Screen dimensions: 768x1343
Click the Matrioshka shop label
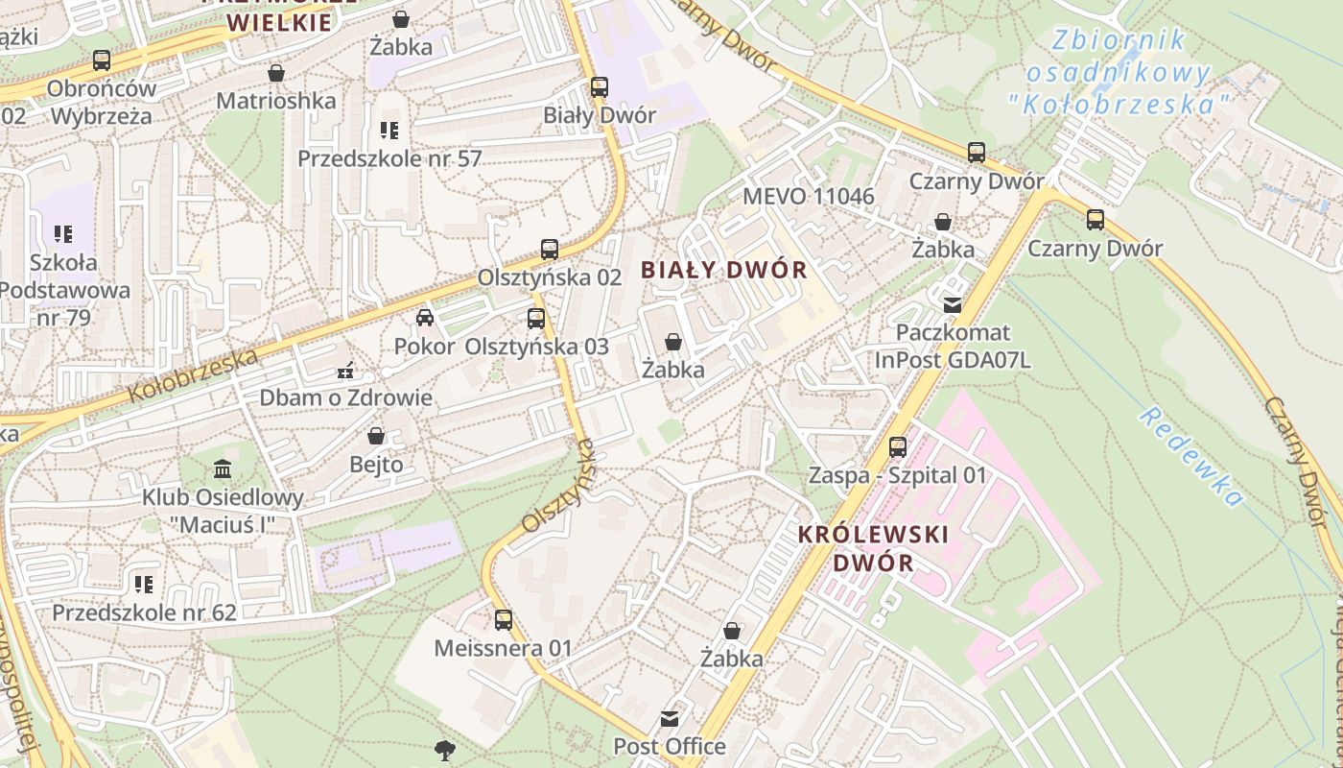pyautogui.click(x=276, y=101)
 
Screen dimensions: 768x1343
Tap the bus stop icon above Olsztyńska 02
pyautogui.click(x=550, y=250)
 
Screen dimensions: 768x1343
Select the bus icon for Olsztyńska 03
pyautogui.click(x=536, y=319)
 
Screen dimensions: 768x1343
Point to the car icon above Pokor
pyautogui.click(x=425, y=318)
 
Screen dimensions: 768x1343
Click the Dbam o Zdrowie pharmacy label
pyautogui.click(x=345, y=397)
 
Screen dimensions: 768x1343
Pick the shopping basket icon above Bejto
pyautogui.click(x=376, y=436)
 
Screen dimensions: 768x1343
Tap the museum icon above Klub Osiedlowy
pyautogui.click(x=223, y=469)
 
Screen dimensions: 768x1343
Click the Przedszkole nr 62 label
pyautogui.click(x=144, y=612)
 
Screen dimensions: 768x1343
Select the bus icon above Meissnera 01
pyautogui.click(x=504, y=620)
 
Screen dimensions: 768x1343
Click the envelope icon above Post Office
pyautogui.click(x=670, y=718)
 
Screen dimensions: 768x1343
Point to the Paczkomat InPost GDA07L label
pyautogui.click(x=953, y=347)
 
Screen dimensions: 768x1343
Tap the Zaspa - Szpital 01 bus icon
pyautogui.click(x=898, y=447)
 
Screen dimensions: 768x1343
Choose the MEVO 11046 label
pyautogui.click(x=809, y=197)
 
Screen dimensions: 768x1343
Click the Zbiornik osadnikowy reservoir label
pyautogui.click(x=1119, y=72)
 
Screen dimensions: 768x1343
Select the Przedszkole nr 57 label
pyautogui.click(x=389, y=158)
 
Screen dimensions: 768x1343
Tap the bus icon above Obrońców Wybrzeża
pyautogui.click(x=102, y=60)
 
